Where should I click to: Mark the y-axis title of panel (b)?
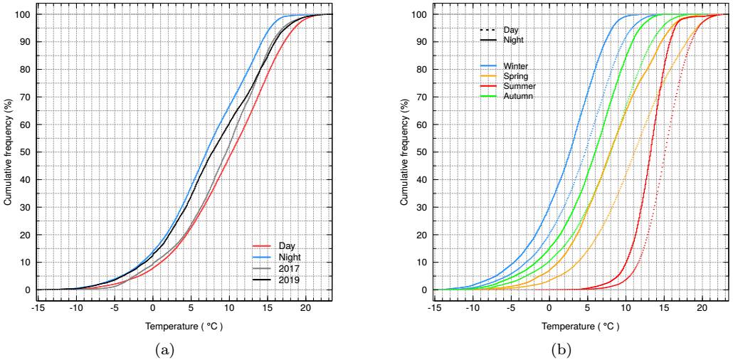click(x=404, y=152)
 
